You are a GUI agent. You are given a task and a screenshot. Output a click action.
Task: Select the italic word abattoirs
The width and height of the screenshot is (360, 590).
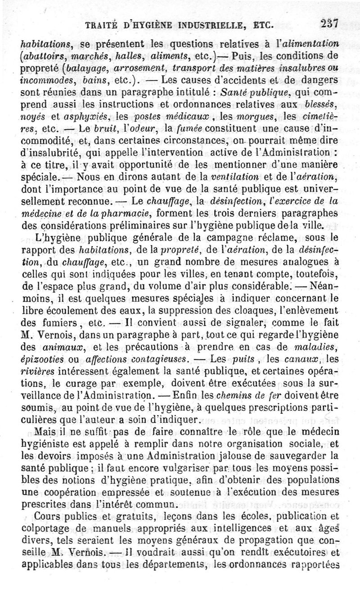pyautogui.click(x=43, y=56)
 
